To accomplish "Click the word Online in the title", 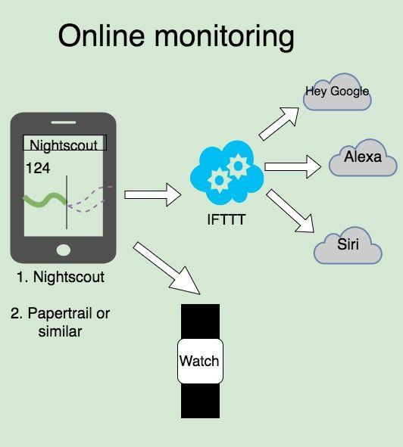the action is tap(101, 36).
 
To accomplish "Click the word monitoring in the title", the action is tap(224, 39).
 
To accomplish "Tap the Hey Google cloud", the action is tap(337, 92).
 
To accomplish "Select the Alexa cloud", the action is tap(363, 157).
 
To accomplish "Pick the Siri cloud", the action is tap(348, 245).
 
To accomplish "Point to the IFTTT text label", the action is tap(226, 219).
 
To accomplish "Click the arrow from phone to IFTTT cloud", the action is tap(153, 194).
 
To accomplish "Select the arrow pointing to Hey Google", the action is tap(279, 123).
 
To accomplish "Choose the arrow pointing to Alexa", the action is tap(292, 166).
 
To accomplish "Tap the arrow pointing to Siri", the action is tap(290, 211).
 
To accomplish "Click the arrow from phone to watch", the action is tap(167, 268).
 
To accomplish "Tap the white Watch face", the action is tap(200, 361).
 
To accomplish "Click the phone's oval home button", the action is tap(64, 250).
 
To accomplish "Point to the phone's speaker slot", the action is tap(64, 123).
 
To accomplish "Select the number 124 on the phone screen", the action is tap(38, 168).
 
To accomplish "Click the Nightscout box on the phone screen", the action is tap(65, 142).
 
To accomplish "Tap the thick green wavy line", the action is tap(45, 200).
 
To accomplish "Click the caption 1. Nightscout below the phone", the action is tap(61, 277).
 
